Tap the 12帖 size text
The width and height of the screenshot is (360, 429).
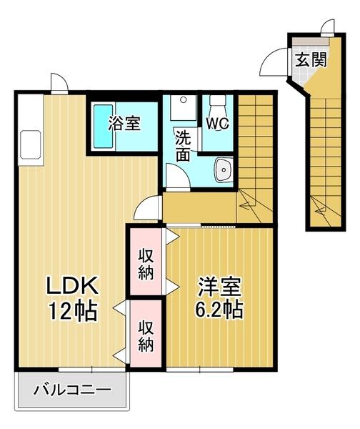[73, 312]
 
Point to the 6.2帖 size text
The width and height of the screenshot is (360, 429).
[220, 310]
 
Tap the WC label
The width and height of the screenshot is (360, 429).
[216, 123]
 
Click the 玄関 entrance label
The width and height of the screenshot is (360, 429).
[309, 59]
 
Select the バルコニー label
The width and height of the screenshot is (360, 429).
[73, 391]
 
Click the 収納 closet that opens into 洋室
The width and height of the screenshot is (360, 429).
[146, 262]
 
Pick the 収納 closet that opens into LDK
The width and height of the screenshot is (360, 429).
[146, 336]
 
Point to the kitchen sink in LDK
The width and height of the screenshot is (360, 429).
[30, 144]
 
